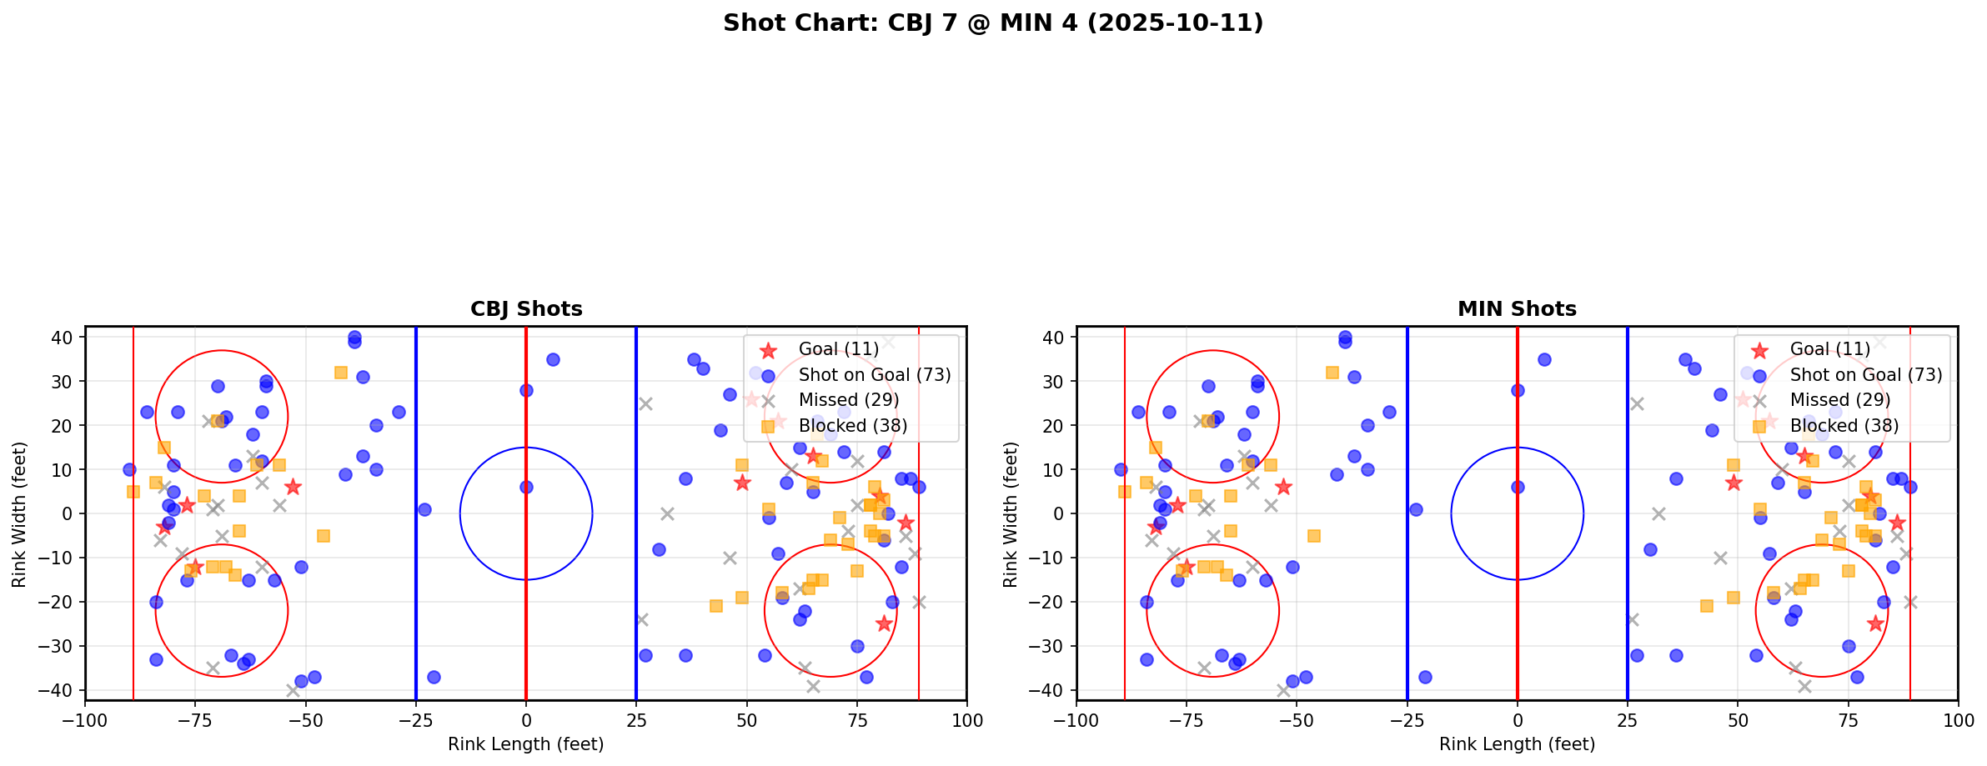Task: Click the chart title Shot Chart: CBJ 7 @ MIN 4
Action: pos(992,23)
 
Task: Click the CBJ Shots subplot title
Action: pos(526,309)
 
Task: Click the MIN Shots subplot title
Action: pos(1517,309)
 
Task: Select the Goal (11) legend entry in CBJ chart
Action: pos(838,349)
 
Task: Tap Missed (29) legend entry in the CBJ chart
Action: pos(848,400)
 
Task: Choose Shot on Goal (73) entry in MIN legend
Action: pos(1865,375)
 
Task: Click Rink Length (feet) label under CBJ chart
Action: pos(526,744)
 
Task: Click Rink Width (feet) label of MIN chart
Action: pos(1011,513)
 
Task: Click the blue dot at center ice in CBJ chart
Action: pos(526,487)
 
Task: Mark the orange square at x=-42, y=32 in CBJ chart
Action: pos(341,373)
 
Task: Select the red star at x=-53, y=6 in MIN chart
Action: pos(1283,487)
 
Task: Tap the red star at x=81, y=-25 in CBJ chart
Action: pos(884,623)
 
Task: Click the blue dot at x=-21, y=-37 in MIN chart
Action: pos(1425,677)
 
